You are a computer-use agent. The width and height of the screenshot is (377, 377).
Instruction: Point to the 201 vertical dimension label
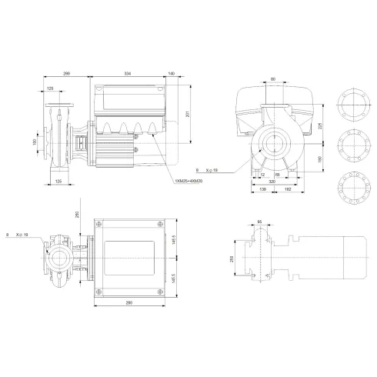click(x=188, y=115)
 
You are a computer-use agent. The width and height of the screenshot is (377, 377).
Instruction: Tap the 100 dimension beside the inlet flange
click(x=35, y=142)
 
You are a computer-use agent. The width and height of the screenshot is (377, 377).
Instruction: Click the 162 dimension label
click(x=286, y=189)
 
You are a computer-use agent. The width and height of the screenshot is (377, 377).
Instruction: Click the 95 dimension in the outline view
click(x=259, y=223)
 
